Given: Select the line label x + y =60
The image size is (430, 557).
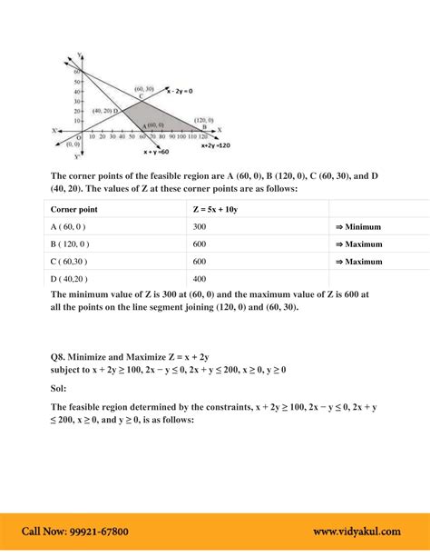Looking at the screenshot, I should [158, 154].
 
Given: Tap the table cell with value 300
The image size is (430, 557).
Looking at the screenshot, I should [200, 226].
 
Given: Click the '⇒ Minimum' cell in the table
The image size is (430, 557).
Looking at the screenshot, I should [361, 226].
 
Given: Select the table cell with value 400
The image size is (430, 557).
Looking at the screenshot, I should [200, 278].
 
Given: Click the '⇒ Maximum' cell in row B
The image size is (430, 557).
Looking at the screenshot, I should [361, 244].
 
